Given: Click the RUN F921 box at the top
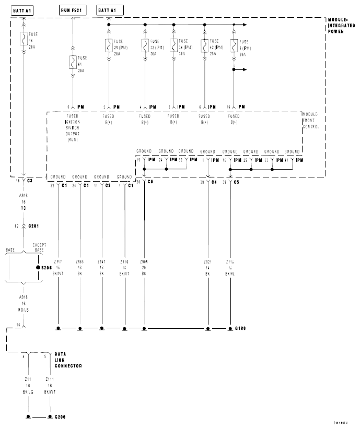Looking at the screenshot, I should pos(72,10).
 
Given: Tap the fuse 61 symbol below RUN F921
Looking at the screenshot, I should pos(72,62).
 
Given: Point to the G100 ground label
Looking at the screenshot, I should pos(240,328).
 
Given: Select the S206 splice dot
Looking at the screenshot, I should pos(38,268).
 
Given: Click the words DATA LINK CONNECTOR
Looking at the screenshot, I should pos(67,360).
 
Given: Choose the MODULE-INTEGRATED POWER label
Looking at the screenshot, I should pos(341,25).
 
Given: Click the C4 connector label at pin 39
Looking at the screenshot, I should pos(214,183).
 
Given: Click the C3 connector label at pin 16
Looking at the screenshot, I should pos(30,180).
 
